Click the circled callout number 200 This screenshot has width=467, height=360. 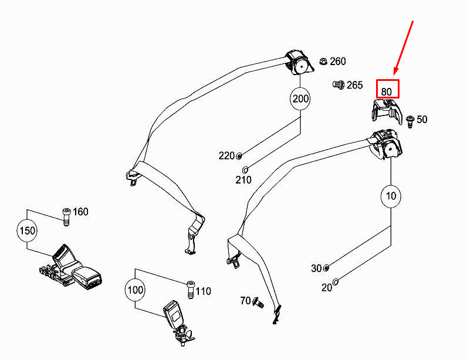300,99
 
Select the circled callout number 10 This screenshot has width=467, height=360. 391,196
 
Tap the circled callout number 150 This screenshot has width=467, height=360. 27,230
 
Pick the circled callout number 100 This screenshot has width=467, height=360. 135,290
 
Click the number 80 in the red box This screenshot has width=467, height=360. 386,91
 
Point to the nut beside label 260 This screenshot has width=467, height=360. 323,62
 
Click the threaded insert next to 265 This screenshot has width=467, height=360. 339,85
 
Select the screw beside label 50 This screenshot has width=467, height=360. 410,121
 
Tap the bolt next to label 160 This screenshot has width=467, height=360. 66,217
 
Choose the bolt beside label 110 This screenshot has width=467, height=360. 191,289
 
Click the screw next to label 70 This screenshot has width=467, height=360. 258,303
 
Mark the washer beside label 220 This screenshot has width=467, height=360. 239,156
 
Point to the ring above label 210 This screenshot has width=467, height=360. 245,169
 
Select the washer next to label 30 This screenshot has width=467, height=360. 326,268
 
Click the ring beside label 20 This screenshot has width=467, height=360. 336,281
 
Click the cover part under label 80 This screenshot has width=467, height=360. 386,111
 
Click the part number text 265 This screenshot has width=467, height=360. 355,85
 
